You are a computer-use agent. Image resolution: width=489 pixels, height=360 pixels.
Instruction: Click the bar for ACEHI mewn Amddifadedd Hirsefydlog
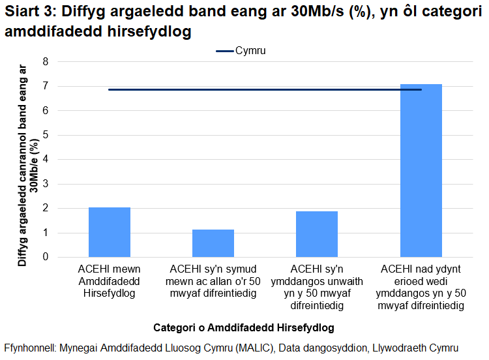click(110, 232)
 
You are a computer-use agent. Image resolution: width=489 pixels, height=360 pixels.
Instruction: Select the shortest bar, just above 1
click(213, 243)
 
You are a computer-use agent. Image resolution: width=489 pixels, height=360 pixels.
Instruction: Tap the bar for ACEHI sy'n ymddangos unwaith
click(317, 234)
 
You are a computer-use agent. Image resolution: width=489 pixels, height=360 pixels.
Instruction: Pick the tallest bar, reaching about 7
click(421, 170)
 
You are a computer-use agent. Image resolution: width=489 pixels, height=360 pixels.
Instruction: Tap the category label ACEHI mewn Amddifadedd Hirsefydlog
click(110, 281)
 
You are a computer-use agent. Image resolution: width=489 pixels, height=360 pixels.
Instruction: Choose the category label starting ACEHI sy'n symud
click(213, 281)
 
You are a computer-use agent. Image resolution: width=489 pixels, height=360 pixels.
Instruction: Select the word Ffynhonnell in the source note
click(29, 348)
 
